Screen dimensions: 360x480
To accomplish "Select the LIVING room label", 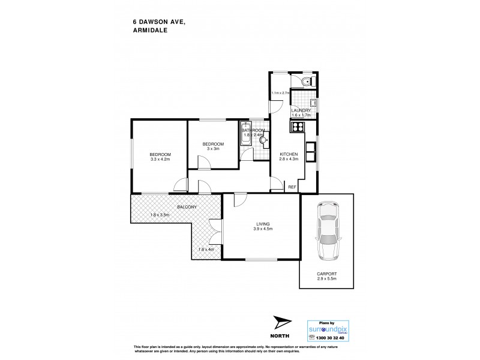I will [x=261, y=223].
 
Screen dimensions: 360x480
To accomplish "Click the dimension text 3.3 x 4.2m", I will [x=160, y=160].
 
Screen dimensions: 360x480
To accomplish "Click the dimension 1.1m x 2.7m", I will [x=280, y=93].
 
